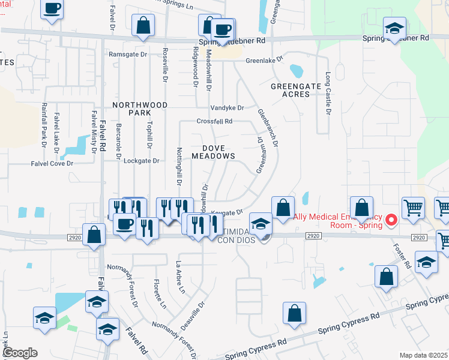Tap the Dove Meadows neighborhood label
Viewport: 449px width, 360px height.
point(213,151)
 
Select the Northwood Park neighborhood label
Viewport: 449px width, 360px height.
point(140,109)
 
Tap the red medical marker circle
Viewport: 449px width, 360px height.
point(391,220)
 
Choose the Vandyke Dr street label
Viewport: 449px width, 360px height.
point(227,108)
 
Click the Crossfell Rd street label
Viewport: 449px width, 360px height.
point(214,121)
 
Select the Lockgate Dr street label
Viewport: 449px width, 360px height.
point(141,161)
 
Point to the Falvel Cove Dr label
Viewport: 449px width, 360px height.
point(52,163)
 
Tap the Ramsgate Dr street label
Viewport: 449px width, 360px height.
point(128,54)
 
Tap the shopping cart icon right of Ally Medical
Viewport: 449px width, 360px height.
point(414,208)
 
